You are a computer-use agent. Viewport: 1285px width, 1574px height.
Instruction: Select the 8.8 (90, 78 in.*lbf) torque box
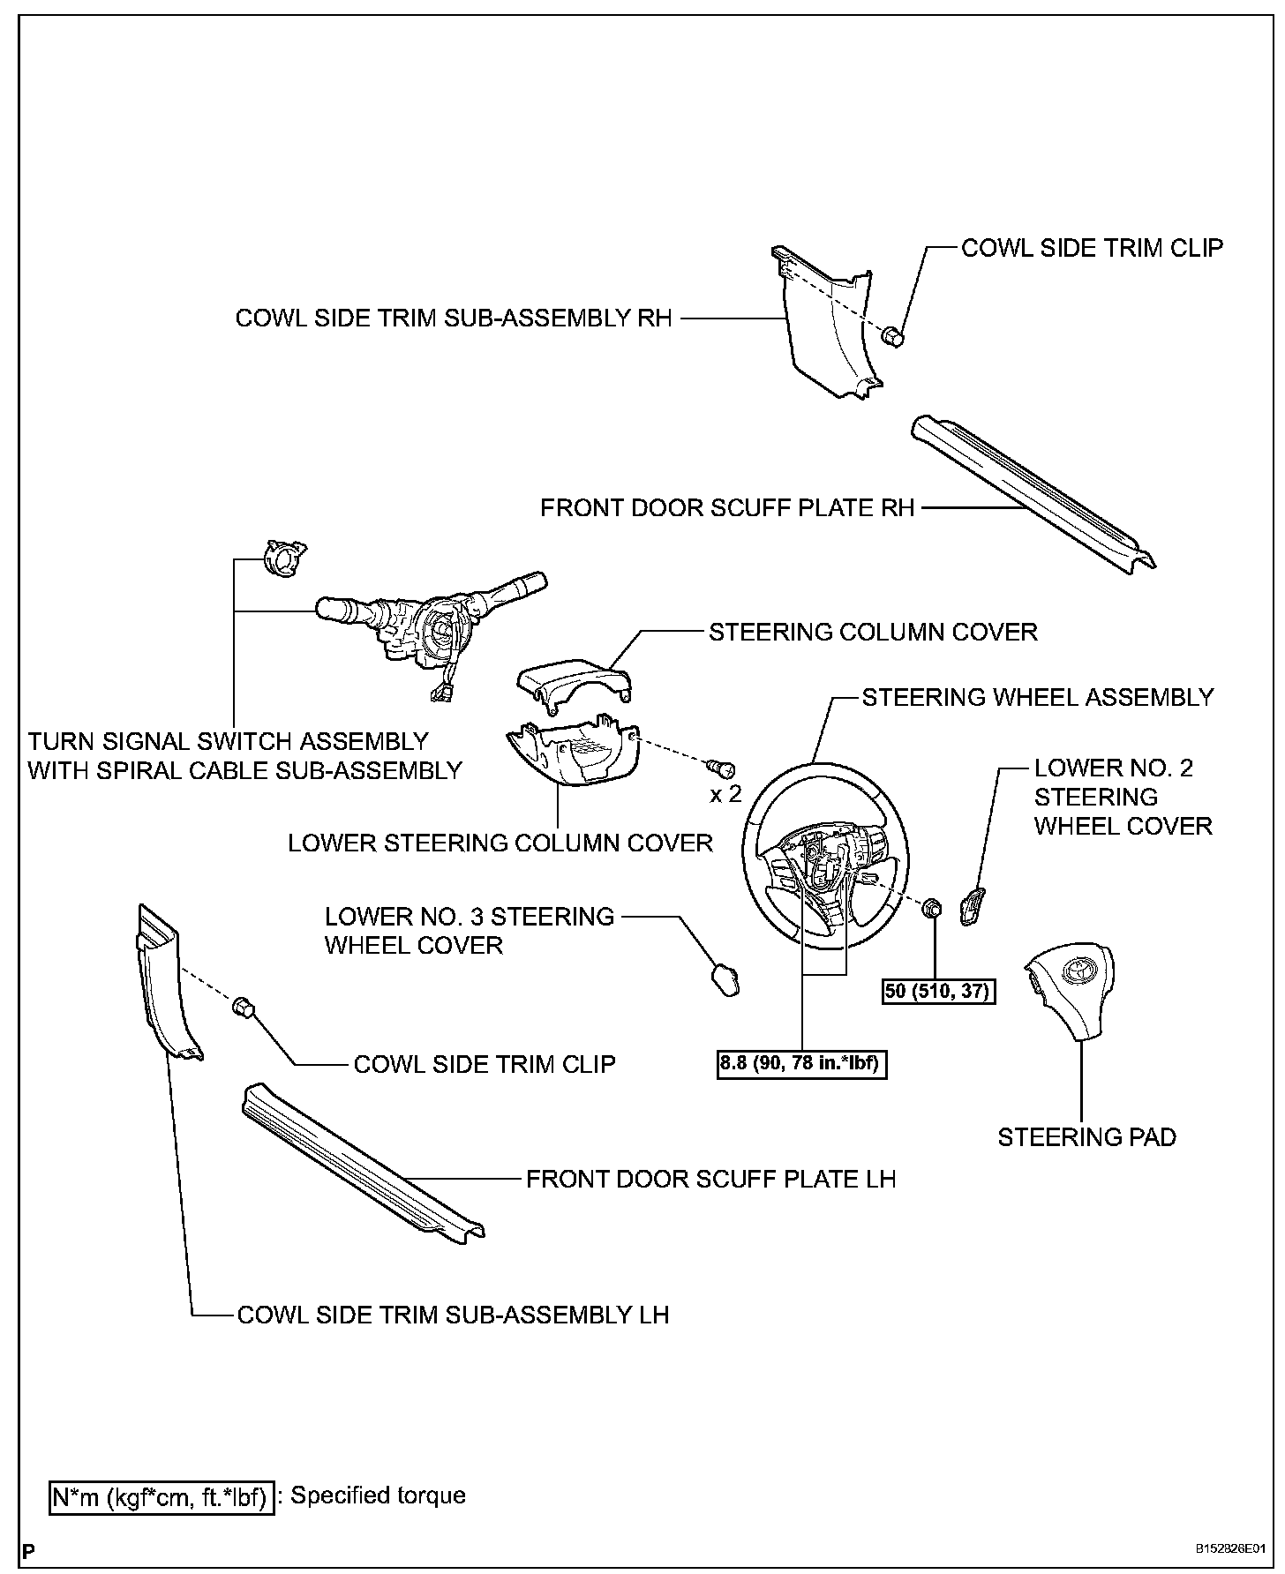[802, 1064]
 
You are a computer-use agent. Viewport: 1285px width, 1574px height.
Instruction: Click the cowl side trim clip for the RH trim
[892, 335]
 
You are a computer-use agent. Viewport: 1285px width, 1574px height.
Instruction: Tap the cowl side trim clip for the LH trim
[244, 1007]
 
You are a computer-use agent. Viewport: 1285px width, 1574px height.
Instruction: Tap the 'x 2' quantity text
[725, 794]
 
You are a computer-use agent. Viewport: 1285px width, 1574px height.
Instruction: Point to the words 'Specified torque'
[378, 1495]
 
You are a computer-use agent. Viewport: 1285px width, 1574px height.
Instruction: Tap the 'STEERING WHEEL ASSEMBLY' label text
[1037, 697]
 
